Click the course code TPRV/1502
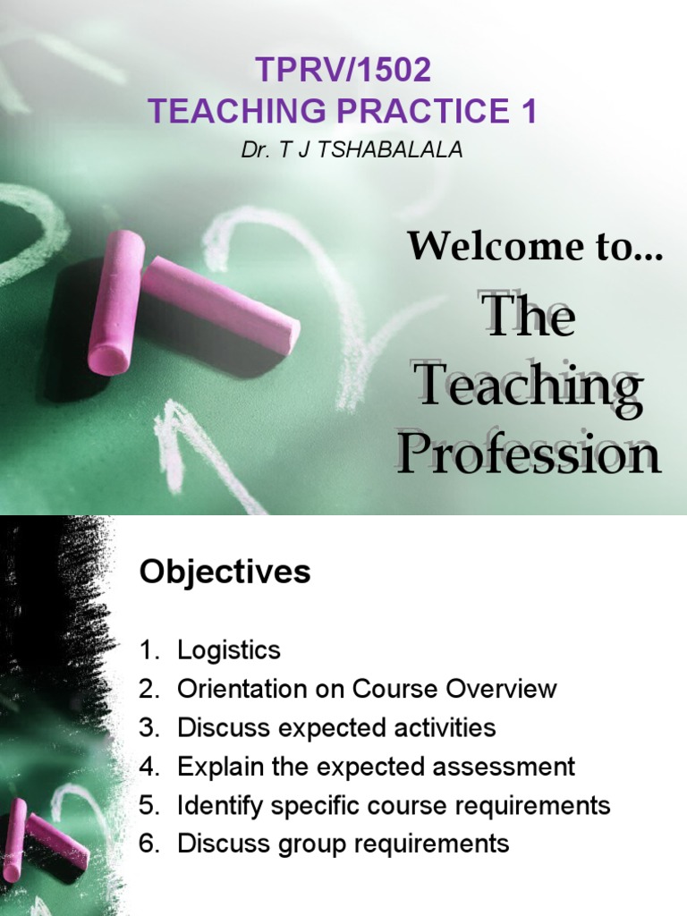click(343, 69)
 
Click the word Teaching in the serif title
click(530, 387)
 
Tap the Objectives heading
click(225, 572)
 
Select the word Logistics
click(229, 650)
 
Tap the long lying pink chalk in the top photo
click(221, 303)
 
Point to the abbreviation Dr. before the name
click(254, 149)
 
